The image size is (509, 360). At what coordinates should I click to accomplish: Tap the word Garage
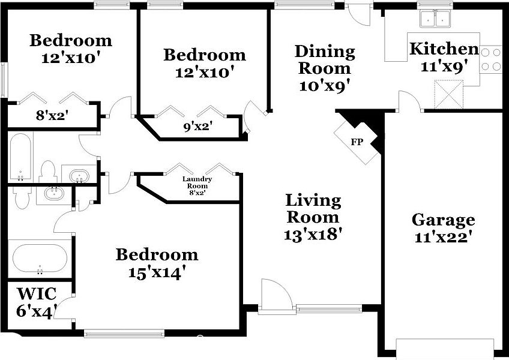click(x=444, y=220)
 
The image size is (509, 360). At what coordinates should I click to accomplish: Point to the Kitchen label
click(x=444, y=49)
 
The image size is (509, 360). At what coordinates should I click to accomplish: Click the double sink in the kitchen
click(x=436, y=19)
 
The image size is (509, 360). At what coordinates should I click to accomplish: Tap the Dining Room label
click(x=325, y=59)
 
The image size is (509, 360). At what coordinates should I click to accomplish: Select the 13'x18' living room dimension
click(x=313, y=234)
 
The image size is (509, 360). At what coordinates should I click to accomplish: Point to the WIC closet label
click(x=37, y=294)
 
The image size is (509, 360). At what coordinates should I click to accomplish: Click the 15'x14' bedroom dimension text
click(x=157, y=272)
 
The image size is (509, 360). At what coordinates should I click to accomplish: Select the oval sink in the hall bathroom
click(x=79, y=176)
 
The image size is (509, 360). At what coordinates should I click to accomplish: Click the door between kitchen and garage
click(x=411, y=101)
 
